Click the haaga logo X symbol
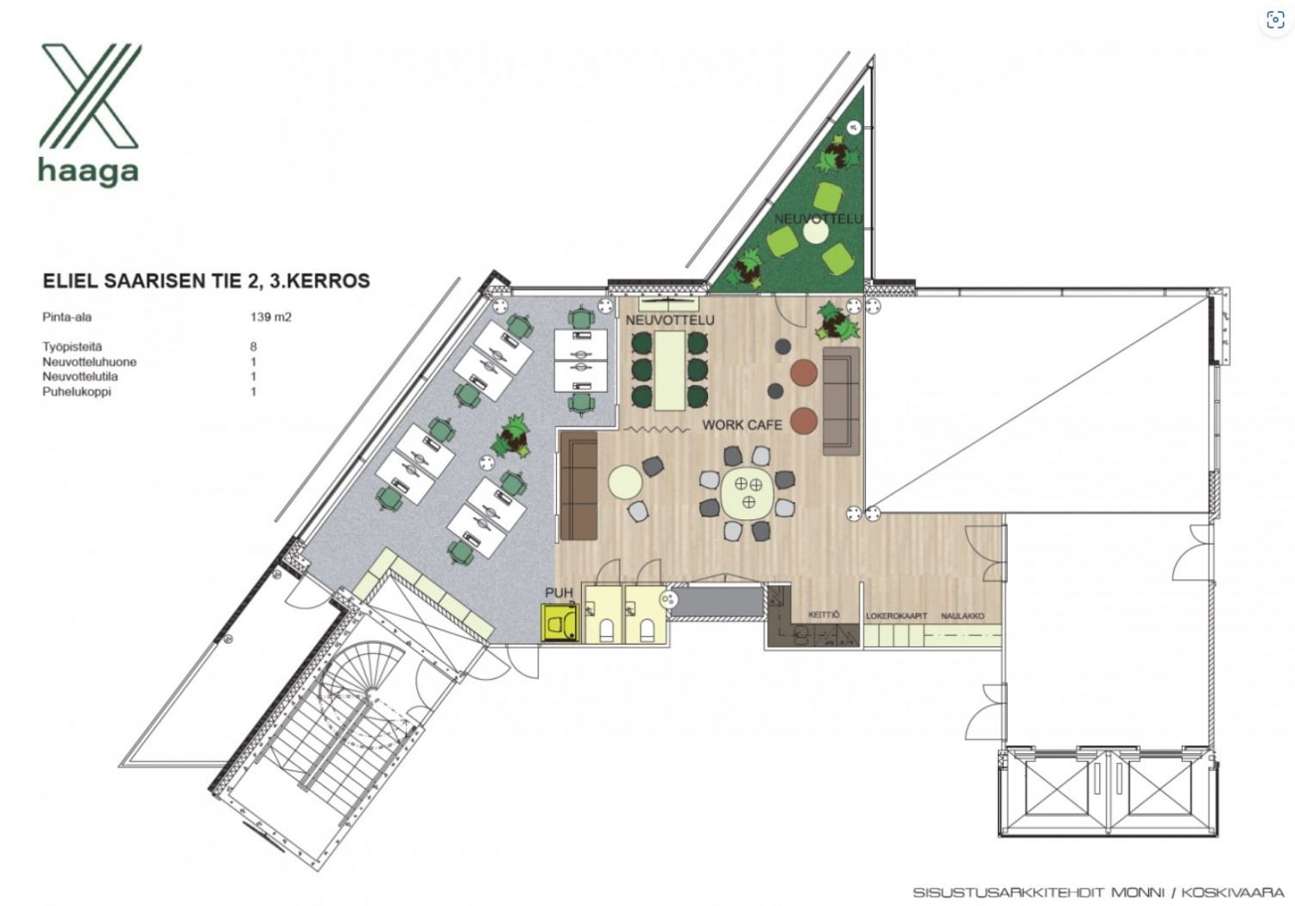pos(90,95)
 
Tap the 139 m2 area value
pos(270,318)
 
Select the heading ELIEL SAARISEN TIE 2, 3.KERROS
pos(206,280)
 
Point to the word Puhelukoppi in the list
pos(76,393)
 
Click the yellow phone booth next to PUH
pos(560,622)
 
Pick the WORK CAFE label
pos(742,425)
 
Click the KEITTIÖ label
pos(824,614)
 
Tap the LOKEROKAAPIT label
pos(896,616)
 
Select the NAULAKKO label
pos(963,616)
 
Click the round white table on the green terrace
pos(816,232)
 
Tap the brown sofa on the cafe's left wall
pos(578,485)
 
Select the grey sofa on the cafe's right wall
pos(841,401)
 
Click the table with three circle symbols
pos(748,493)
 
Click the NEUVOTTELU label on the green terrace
pos(818,219)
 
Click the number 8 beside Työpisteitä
pos(253,347)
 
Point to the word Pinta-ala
pos(67,318)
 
